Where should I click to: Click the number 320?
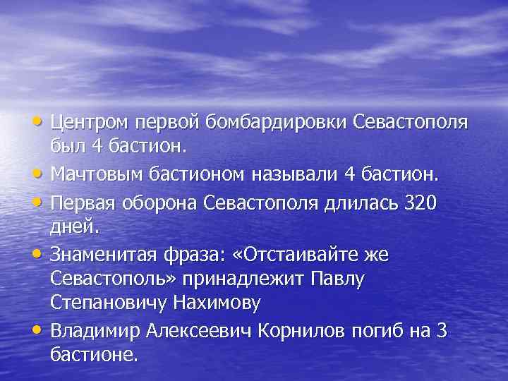coord(419,204)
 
